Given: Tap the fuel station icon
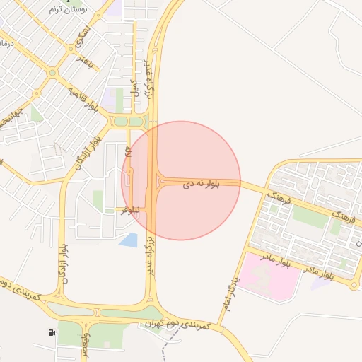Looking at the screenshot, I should point(52,332).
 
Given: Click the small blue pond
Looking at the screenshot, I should point(129,240).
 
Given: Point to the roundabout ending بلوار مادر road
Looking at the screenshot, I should point(354,286).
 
